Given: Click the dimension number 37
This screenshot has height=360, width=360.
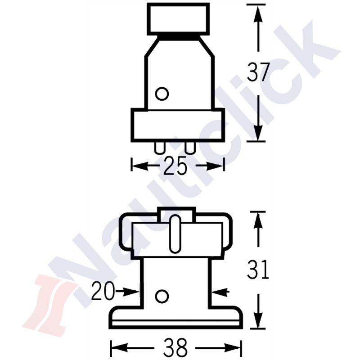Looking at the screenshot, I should tap(258, 72).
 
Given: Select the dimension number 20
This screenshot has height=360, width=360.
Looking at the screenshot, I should tap(103, 292).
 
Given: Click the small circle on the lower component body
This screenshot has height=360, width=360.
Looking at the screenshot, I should tap(160, 296).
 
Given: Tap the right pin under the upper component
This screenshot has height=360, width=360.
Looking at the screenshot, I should tap(190, 148).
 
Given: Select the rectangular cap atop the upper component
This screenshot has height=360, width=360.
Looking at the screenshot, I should tap(179, 18).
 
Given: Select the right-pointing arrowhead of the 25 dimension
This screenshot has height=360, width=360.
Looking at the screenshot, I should tap(216, 166).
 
